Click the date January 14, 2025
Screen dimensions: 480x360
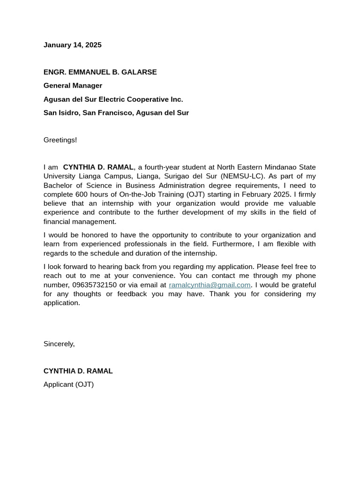(72, 45)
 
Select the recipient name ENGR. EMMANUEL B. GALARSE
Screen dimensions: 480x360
(100, 72)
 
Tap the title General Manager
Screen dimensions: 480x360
(73, 86)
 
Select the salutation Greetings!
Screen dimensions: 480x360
(60, 140)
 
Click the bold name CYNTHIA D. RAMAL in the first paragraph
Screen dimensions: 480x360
(98, 167)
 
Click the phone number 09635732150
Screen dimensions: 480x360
(94, 285)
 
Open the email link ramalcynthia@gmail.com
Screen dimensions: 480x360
(210, 285)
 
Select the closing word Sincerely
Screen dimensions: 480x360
(59, 344)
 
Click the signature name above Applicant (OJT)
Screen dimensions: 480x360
(78, 371)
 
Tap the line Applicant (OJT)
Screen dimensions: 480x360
(68, 385)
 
